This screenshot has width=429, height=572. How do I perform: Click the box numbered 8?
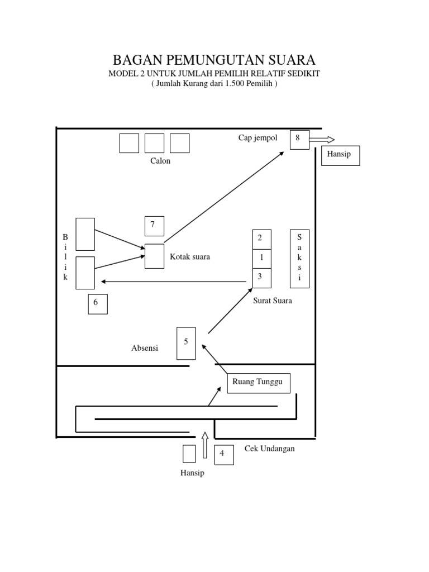(299, 140)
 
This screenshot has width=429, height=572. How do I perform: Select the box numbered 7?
(154, 225)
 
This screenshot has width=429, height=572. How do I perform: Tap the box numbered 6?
(98, 303)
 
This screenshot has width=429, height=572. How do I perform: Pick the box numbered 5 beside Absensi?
(186, 343)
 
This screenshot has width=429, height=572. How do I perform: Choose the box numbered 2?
(262, 239)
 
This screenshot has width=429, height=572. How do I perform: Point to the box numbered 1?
(262, 258)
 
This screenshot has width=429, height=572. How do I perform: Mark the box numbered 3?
(262, 278)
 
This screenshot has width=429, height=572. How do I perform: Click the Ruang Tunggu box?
(258, 383)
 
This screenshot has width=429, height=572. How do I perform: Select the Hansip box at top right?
(340, 156)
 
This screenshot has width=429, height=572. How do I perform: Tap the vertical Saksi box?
(299, 259)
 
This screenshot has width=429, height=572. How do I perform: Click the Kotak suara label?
(190, 257)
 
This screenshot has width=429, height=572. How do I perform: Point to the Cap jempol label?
(258, 139)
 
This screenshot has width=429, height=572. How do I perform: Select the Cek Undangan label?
(269, 449)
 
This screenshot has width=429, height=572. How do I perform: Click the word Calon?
(160, 161)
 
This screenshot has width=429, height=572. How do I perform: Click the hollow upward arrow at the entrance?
(205, 445)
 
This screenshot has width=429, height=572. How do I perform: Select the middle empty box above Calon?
(154, 143)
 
